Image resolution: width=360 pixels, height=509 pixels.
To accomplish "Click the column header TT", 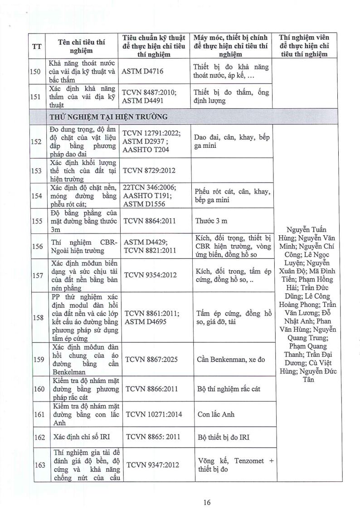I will coord(38,46).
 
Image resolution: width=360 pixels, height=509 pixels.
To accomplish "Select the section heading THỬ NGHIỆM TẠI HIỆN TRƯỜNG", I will coord(109,116).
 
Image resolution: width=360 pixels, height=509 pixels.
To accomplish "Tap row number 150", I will coord(38,72).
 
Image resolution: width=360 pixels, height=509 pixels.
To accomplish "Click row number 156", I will coord(38,246).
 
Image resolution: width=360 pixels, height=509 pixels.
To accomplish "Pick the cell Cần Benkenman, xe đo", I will coord(231,359).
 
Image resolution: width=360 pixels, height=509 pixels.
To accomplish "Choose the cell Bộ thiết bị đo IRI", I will coord(224,437).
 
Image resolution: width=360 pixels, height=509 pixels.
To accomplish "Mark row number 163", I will coord(38,465).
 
